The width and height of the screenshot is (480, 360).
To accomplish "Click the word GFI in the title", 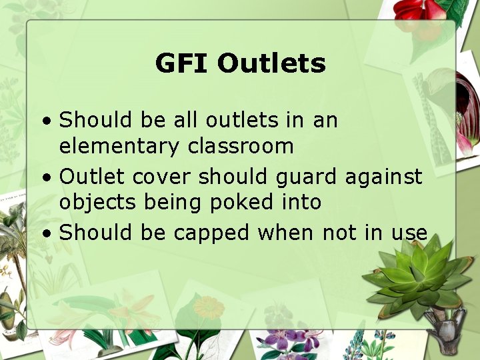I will tap(182, 64).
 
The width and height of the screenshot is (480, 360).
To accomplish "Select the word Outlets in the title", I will tap(271, 64).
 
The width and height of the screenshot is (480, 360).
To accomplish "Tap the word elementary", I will tap(117, 147).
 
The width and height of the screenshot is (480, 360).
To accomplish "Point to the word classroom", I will tap(238, 147).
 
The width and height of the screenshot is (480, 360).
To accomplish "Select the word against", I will tap(383, 177).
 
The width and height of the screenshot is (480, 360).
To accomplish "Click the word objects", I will tap(97, 203).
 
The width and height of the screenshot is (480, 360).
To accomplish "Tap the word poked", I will tap(238, 203).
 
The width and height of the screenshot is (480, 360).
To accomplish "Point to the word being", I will tap(169, 203).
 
